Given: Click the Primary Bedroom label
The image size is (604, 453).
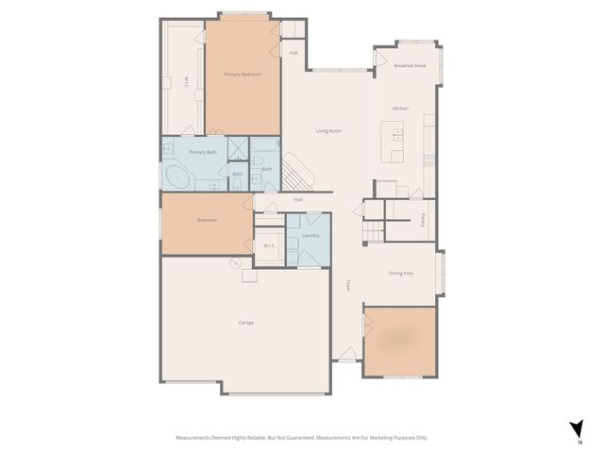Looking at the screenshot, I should tap(243, 74).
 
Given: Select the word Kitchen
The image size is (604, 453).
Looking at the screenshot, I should tap(400, 109).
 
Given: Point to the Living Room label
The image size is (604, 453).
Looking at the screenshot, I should tap(328, 131).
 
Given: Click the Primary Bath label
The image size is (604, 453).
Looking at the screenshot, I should tap(203, 152).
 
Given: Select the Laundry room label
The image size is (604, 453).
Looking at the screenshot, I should tap(310, 235).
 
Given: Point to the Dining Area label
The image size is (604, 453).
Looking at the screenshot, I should tap(401, 274).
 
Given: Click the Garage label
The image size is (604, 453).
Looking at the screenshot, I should tap(245, 323).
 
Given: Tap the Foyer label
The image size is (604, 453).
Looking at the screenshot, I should tap(348, 284).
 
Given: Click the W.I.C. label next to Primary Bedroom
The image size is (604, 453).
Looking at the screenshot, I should tap(187, 82).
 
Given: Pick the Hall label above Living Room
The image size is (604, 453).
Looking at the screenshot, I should tap(294, 53).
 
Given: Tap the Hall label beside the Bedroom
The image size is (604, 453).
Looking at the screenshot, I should tap(298, 199).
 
